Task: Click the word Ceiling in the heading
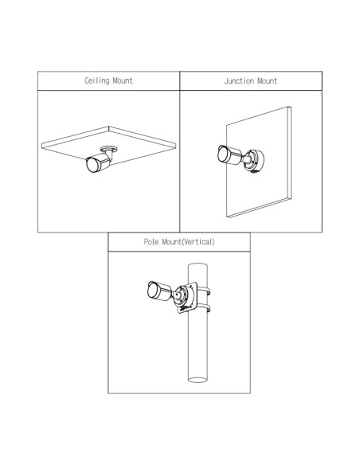coord(96,80)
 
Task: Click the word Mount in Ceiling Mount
coord(122,80)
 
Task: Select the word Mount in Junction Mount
coord(267,81)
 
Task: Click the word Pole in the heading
coord(151,242)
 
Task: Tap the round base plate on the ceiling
coord(109,148)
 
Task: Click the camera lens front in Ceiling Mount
coord(92,166)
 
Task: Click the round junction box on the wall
coord(254,161)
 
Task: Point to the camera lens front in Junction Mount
coord(223,154)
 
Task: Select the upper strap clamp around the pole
coord(205,291)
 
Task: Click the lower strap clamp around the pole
coord(205,307)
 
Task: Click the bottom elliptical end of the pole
coord(198,380)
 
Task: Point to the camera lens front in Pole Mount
coord(152,290)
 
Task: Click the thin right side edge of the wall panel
coord(290,153)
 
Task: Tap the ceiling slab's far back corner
coord(109,127)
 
